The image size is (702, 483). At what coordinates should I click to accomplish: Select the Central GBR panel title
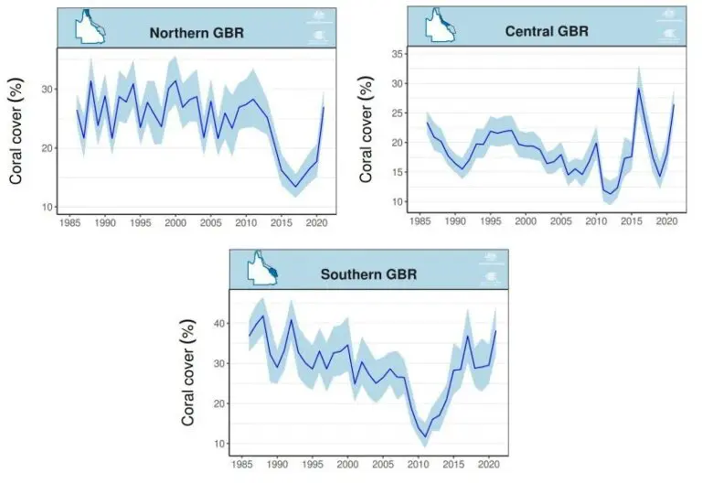[x=547, y=32]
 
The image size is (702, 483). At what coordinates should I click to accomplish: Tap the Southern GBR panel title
[x=369, y=274]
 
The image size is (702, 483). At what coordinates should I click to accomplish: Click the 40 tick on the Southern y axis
[x=221, y=323]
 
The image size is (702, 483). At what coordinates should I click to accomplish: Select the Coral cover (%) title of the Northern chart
[x=16, y=133]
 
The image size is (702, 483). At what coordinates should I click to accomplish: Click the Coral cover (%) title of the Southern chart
[x=189, y=372]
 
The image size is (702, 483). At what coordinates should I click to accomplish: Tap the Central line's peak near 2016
[x=638, y=88]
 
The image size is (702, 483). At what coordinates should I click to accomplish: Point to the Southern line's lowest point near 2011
[x=425, y=436]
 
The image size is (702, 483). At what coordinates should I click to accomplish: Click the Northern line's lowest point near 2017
[x=295, y=188]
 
